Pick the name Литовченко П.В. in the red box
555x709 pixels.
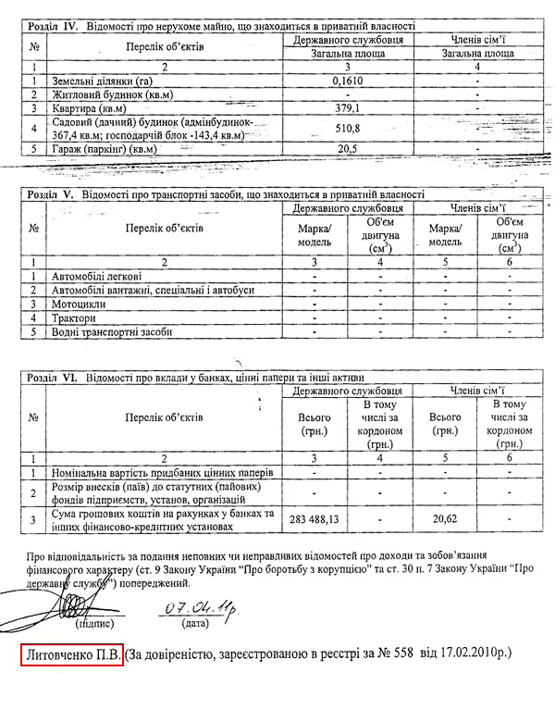point(73,654)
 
